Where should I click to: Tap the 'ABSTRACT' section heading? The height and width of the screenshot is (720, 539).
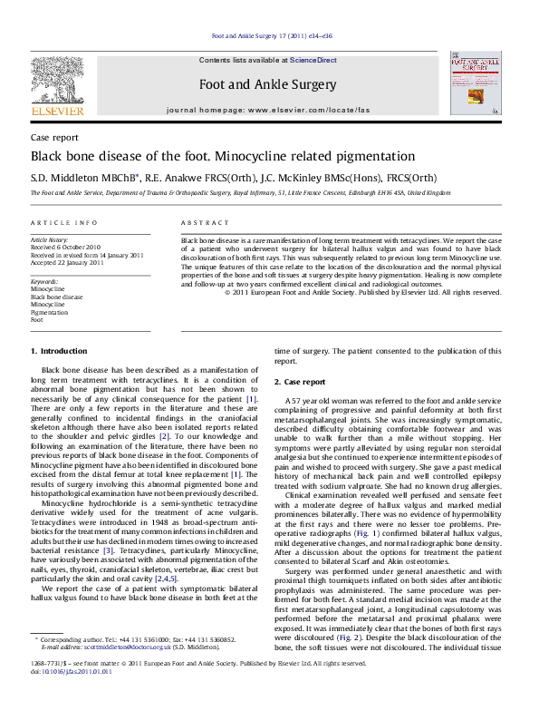pos(205,222)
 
